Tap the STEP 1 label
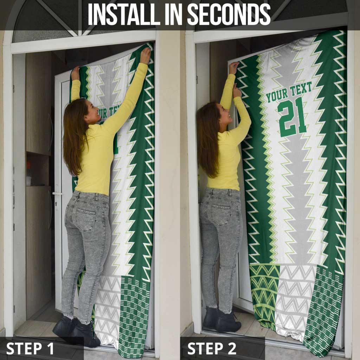30,348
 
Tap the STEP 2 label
211,348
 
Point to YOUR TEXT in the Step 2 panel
289,92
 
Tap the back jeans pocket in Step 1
85,219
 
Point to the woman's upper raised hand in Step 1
145,55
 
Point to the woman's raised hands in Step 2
235,67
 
